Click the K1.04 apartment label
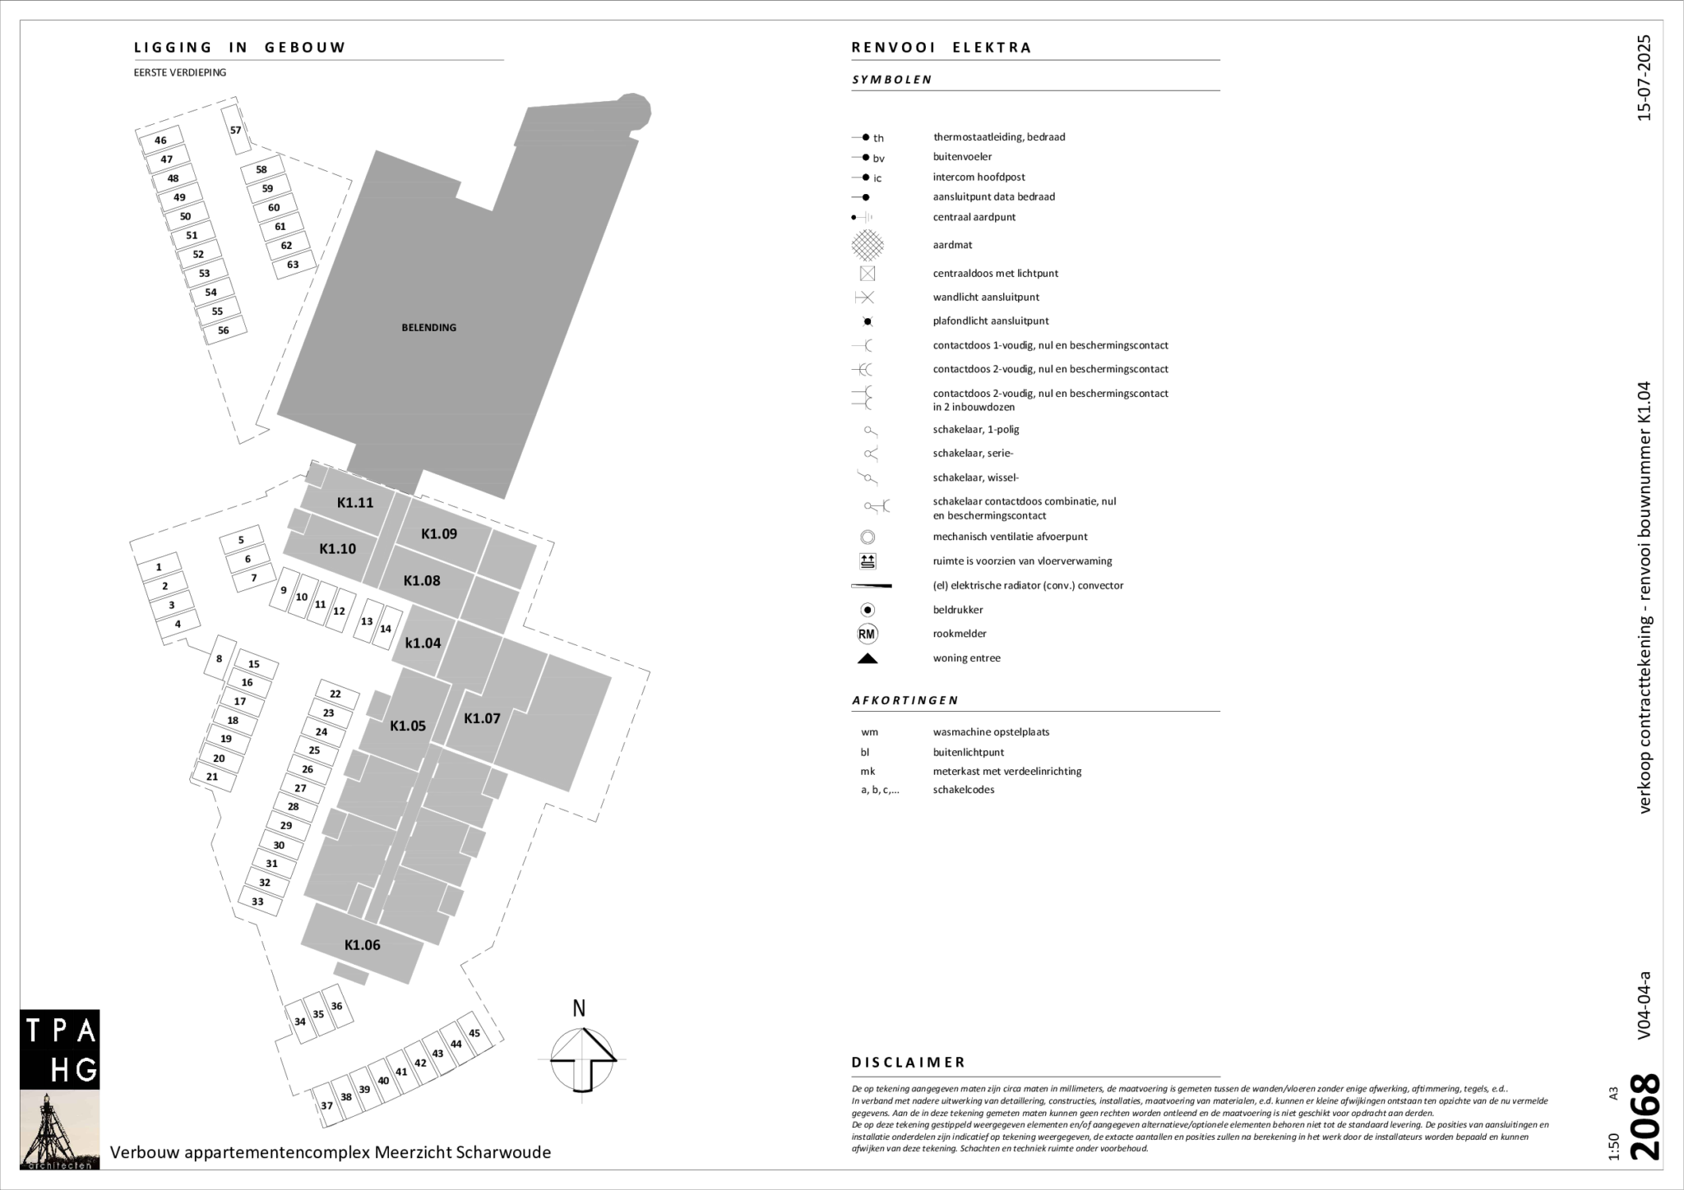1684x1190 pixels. tap(423, 643)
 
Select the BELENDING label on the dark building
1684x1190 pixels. tap(428, 327)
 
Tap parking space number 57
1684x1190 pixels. tap(236, 130)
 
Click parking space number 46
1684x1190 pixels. tap(160, 141)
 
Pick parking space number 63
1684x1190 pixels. tap(293, 265)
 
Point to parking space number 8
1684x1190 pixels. tap(219, 658)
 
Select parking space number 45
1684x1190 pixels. tap(474, 1033)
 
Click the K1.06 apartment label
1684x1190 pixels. tap(362, 945)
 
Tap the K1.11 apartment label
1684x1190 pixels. tap(355, 503)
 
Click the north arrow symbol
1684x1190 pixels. tap(582, 1056)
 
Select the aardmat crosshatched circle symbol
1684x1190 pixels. tap(867, 245)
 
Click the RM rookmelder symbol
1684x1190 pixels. tap(867, 634)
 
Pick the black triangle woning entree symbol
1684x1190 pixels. tap(867, 658)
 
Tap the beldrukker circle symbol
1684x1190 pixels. tap(867, 610)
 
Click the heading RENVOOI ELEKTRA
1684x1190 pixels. tap(941, 48)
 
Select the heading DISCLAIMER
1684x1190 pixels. tap(908, 1063)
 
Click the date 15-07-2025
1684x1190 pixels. tap(1644, 78)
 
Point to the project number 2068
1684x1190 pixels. tap(1645, 1118)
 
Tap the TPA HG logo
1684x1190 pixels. tap(60, 1049)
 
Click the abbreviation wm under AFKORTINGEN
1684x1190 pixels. tap(869, 732)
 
